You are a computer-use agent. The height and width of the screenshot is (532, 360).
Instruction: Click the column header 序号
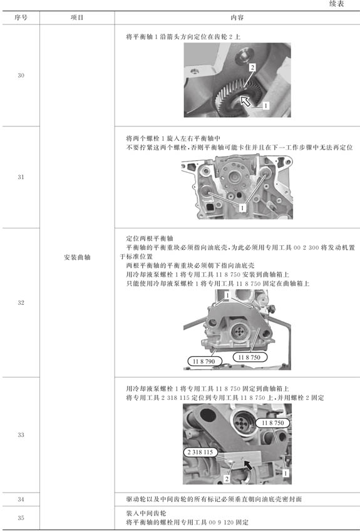(21, 18)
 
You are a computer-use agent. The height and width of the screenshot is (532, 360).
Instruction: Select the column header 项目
(77, 18)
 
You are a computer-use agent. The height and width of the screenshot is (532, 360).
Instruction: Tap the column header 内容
(237, 18)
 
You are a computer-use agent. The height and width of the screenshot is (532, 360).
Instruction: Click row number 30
(21, 75)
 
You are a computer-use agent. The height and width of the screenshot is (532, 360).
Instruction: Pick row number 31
(21, 176)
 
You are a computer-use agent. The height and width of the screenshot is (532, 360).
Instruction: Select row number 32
(21, 303)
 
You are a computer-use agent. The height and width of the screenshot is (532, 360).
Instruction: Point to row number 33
(21, 434)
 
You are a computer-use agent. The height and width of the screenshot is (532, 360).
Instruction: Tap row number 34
(21, 499)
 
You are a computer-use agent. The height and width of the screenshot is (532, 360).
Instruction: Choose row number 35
(21, 518)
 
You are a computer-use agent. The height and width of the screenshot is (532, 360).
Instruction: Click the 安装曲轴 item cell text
(77, 257)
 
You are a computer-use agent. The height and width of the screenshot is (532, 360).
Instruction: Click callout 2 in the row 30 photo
(252, 67)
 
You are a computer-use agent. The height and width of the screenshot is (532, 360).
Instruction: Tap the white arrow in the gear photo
(245, 101)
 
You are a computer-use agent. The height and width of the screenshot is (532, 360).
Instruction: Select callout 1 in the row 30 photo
(265, 106)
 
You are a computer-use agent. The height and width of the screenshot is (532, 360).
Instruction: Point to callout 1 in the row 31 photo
(242, 207)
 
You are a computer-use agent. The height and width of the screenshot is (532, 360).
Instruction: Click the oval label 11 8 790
(204, 361)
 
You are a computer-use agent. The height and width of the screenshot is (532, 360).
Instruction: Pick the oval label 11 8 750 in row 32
(249, 357)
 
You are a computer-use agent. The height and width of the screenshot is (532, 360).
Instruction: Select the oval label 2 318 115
(200, 452)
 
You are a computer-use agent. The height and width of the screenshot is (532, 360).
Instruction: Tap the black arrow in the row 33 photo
(248, 465)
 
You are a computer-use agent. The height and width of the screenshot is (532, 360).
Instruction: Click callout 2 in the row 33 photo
(227, 479)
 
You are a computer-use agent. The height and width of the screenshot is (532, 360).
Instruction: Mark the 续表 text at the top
(336, 4)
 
